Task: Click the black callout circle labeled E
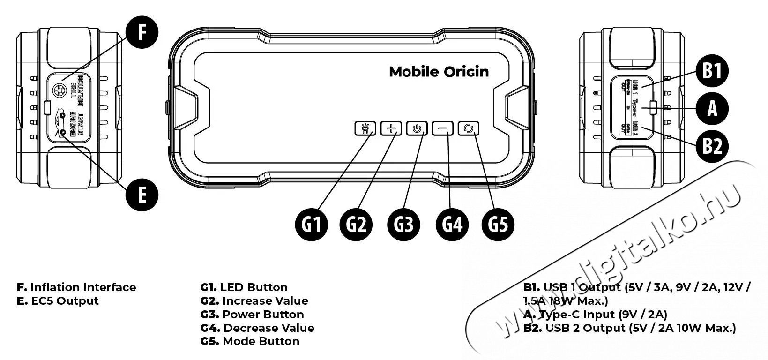coord(142,194)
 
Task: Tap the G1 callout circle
coord(312,225)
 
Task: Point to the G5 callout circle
coord(498,225)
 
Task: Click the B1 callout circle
coord(712,72)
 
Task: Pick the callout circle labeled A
coord(712,109)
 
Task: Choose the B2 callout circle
coord(712,146)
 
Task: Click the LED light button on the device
coord(365,128)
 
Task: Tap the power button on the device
coord(417,128)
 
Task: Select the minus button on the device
coord(442,128)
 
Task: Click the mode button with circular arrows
coord(469,128)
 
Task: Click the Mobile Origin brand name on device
coord(439,72)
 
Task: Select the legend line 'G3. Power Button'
coord(252,315)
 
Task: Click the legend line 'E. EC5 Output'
coord(58,301)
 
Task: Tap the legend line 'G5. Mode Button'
coord(250,341)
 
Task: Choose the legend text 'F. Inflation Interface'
coord(76,287)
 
